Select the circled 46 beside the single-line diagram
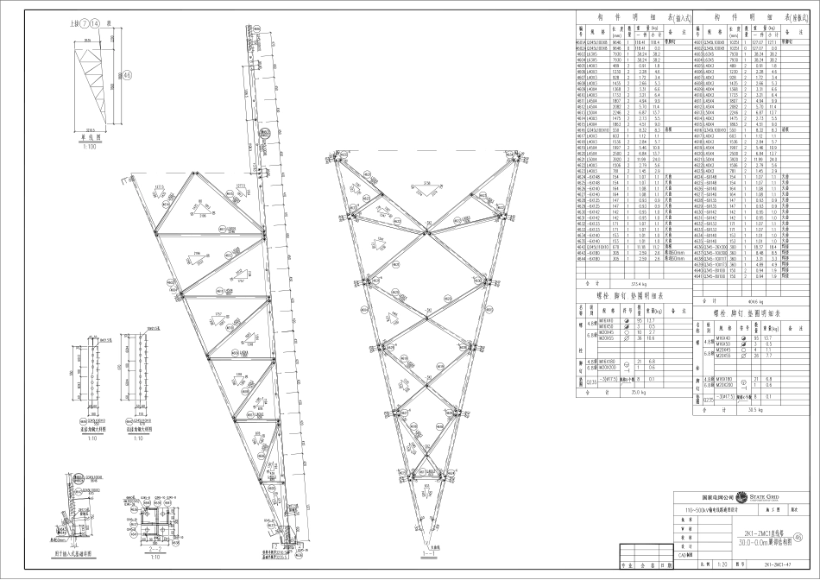tap(127, 76)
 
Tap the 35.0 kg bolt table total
tap(635, 391)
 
